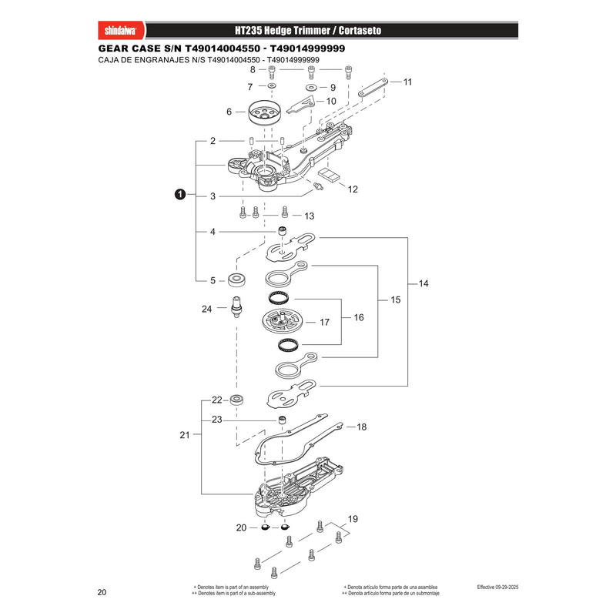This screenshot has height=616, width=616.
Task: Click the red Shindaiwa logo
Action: (121, 30)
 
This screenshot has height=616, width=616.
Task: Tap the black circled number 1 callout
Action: (180, 195)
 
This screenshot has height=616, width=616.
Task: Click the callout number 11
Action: (407, 82)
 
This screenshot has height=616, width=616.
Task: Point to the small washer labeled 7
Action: (272, 86)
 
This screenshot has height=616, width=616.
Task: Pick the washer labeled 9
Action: (311, 87)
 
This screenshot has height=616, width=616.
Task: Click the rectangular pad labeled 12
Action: (328, 175)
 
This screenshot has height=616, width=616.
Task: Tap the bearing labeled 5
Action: (237, 280)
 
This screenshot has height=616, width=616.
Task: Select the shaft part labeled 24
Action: (236, 306)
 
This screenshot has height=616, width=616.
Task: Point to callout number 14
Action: (423, 283)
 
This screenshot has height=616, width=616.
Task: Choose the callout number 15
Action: (395, 300)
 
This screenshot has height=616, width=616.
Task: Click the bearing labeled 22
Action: (237, 400)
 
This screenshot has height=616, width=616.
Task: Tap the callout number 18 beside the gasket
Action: (361, 427)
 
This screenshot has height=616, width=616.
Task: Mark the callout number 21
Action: (185, 435)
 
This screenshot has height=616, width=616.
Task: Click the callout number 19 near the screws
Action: (353, 518)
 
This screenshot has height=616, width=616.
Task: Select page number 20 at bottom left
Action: (102, 592)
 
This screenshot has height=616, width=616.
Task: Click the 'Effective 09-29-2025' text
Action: (497, 588)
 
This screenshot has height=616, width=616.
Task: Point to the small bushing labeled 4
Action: (282, 231)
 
